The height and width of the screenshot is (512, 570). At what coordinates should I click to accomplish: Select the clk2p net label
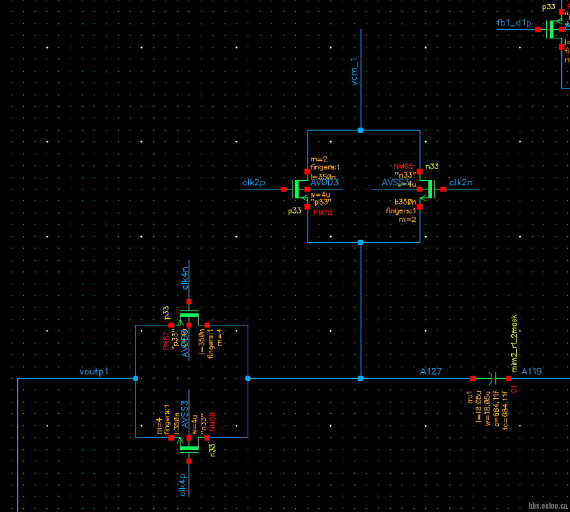click(254, 183)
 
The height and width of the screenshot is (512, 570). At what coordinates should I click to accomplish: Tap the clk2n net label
click(460, 183)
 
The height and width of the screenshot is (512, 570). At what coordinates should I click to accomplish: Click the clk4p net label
click(184, 484)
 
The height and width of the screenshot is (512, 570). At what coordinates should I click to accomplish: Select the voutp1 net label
click(94, 372)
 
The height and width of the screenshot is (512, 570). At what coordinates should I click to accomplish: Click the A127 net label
click(431, 371)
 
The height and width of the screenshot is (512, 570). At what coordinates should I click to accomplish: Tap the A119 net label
click(531, 371)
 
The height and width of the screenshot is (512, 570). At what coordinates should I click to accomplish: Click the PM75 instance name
click(323, 213)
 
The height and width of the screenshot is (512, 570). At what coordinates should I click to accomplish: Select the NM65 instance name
click(403, 167)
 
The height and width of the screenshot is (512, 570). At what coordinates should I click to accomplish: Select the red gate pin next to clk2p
click(283, 189)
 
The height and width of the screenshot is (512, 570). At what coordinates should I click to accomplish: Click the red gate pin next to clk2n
click(443, 189)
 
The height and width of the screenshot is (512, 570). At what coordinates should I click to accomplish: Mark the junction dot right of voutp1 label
click(135, 378)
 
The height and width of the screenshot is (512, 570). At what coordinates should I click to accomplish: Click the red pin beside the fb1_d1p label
click(538, 30)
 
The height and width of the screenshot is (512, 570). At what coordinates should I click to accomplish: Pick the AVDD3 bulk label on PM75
click(324, 183)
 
